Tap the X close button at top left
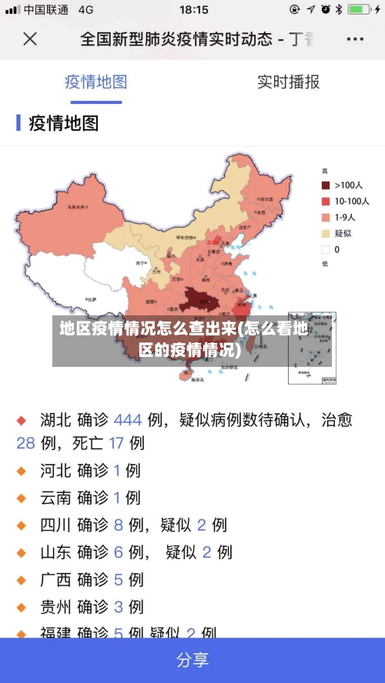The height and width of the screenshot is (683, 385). (30, 38)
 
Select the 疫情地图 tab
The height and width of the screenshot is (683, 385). (95, 82)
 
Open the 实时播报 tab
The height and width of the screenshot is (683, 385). (288, 82)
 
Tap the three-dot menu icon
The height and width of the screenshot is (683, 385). (355, 38)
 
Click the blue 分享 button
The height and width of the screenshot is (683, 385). (192, 660)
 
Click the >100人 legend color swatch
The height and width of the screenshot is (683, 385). (326, 185)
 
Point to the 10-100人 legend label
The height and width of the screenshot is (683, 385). (351, 201)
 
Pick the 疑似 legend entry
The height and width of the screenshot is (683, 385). (343, 233)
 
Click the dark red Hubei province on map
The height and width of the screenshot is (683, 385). (199, 298)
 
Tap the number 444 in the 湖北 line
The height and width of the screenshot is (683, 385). (128, 420)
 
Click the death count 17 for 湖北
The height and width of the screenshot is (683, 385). (116, 443)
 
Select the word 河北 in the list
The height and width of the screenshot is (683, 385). (55, 470)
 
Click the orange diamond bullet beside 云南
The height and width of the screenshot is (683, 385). (22, 498)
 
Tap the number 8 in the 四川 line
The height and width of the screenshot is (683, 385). (119, 525)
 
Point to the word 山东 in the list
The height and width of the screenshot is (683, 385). (55, 551)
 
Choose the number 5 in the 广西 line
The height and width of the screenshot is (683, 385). (119, 579)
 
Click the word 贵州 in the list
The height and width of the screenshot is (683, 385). (55, 606)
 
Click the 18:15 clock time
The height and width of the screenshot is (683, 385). (193, 10)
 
